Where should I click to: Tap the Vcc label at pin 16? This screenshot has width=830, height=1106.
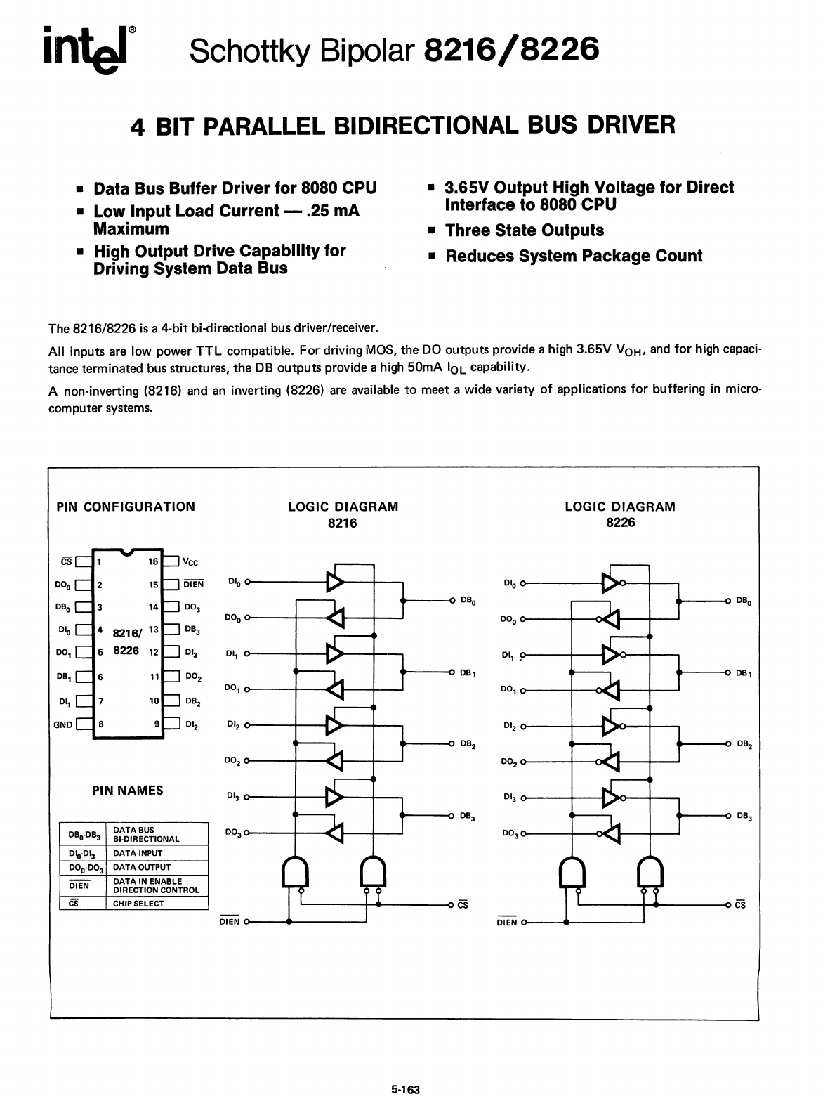point(190,562)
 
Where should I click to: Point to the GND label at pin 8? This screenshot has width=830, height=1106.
point(62,725)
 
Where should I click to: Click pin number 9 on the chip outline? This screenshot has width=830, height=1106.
point(156,724)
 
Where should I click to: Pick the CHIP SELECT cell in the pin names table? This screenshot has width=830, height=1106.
point(138,904)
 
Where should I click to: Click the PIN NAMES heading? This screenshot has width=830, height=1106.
point(128,791)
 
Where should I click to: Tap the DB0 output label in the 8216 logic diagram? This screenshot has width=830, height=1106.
point(468,601)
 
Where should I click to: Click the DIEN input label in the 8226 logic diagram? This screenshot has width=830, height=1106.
point(506,923)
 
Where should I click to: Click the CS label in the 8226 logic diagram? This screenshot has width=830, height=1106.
point(740,905)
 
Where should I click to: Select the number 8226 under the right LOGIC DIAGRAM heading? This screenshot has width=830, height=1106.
point(620,523)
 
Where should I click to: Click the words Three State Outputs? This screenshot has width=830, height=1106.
point(524,230)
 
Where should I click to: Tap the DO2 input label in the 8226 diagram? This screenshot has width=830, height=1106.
point(509,762)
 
